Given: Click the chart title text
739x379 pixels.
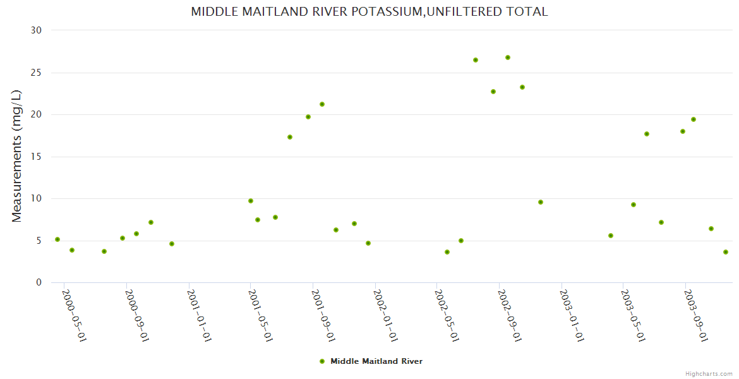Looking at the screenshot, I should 369,11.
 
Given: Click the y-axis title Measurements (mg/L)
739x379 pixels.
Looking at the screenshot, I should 17,156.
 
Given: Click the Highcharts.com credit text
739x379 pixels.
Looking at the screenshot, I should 709,373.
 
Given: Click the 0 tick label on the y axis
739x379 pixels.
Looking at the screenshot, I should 39,283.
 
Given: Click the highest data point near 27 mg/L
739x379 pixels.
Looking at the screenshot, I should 508,57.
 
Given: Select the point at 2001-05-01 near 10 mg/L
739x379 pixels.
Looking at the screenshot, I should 251,201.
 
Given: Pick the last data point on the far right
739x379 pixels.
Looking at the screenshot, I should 726,252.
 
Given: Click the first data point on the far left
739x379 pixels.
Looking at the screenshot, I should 57,239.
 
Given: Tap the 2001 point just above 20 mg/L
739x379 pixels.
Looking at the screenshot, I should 322,104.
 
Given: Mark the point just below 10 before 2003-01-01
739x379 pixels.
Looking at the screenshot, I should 541,202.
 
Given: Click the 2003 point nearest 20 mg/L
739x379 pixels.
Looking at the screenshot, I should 694,119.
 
